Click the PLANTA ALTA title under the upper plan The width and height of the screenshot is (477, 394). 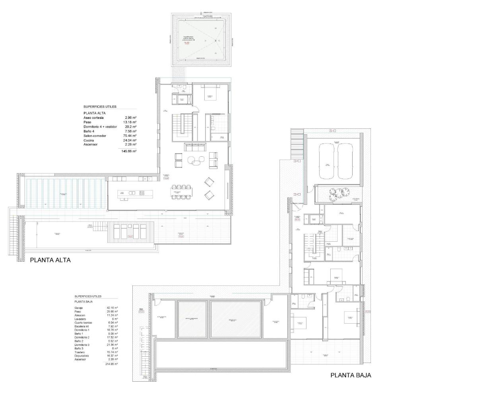[x=50, y=260]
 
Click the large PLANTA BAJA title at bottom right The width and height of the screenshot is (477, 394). [x=351, y=375]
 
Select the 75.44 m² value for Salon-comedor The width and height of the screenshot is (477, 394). [x=130, y=136]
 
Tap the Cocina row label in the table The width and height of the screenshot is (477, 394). [x=89, y=140]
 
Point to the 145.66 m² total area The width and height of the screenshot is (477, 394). [x=129, y=151]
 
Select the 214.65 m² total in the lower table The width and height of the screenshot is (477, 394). [x=111, y=364]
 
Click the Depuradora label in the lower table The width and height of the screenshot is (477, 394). [x=81, y=356]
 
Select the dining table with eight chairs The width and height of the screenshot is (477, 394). [x=181, y=192]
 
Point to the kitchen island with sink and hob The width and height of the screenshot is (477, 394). [x=131, y=194]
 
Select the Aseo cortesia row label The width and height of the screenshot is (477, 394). [x=93, y=118]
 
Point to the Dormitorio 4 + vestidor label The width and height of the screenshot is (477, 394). [x=100, y=127]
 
